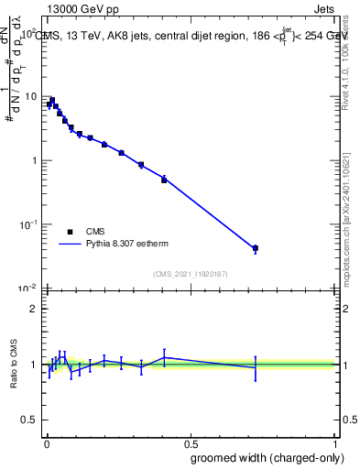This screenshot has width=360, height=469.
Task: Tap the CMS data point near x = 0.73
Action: click(256, 248)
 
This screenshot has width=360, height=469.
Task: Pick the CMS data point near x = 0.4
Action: click(164, 180)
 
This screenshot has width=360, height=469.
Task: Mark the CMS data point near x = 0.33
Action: click(141, 165)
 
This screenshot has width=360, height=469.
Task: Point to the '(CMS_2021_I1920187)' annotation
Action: click(190, 273)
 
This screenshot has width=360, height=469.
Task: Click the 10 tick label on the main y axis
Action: click(31, 96)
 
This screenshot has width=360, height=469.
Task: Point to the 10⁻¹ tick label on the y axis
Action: click(28, 224)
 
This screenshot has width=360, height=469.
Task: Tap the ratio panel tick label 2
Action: click(34, 309)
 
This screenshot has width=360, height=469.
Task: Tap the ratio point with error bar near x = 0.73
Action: click(256, 367)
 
